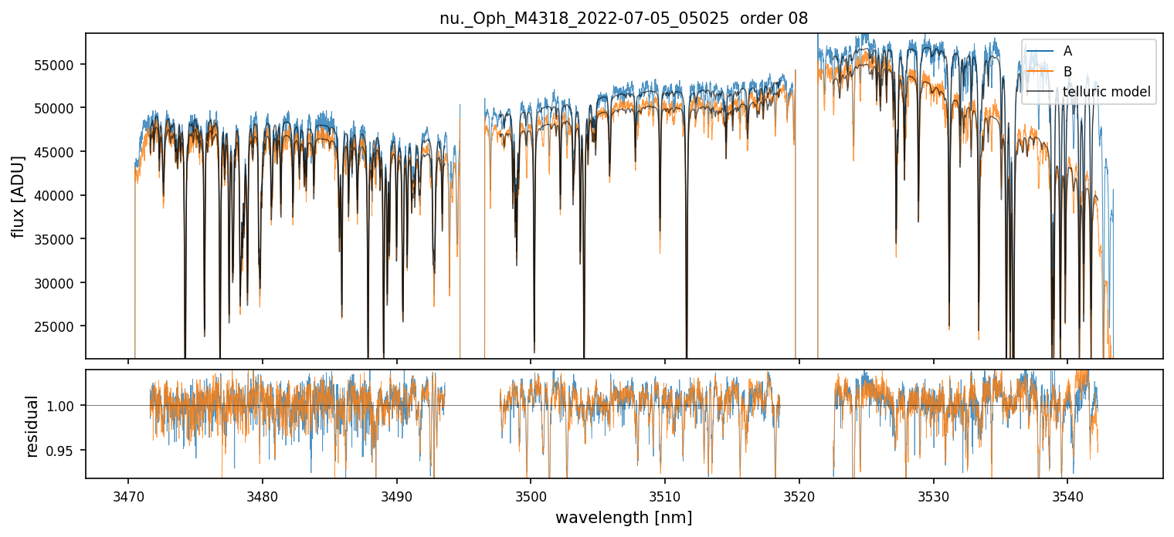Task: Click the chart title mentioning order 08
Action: [x=623, y=19]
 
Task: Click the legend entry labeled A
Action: [x=1067, y=51]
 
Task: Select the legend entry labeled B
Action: [x=1067, y=72]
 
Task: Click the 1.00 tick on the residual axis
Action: [x=65, y=406]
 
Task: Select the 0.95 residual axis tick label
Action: [x=65, y=450]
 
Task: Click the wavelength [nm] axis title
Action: [x=623, y=517]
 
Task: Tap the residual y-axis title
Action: [x=32, y=425]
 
